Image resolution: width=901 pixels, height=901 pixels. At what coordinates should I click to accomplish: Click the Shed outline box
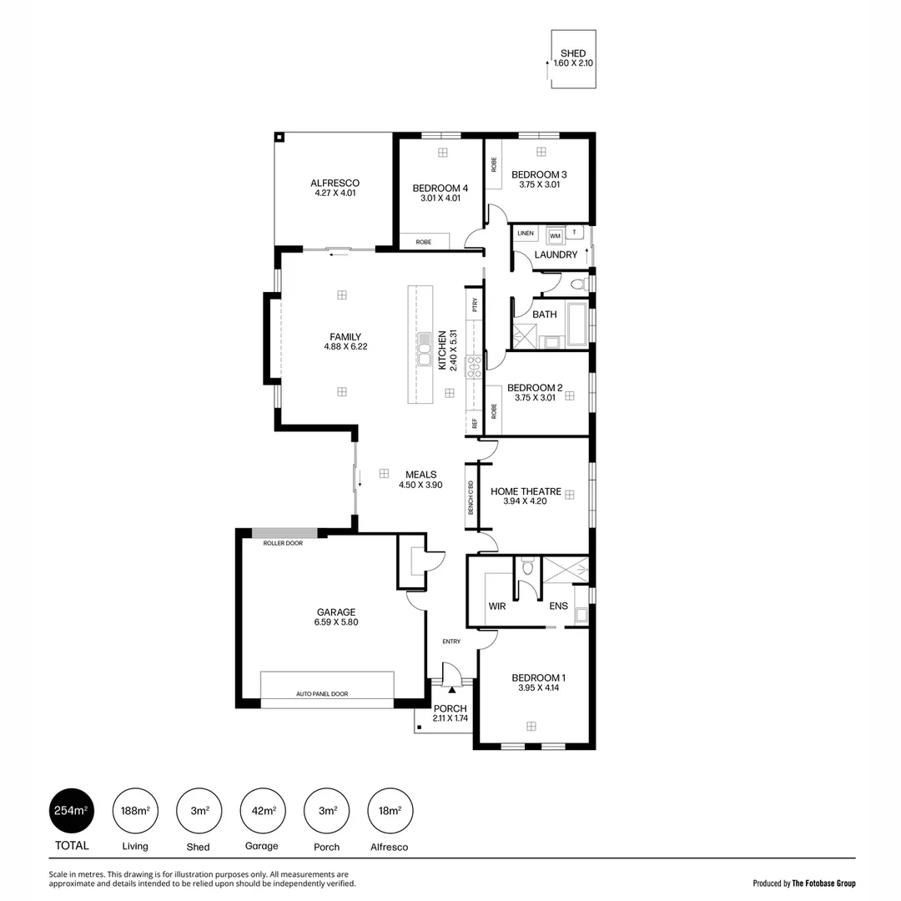(x=573, y=59)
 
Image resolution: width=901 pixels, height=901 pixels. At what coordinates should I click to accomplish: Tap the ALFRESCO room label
(x=335, y=183)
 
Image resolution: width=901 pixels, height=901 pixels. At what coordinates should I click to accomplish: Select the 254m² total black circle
(x=71, y=811)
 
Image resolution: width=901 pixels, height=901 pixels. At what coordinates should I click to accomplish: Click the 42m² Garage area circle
(x=263, y=811)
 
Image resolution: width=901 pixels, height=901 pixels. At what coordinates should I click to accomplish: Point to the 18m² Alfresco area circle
(x=390, y=811)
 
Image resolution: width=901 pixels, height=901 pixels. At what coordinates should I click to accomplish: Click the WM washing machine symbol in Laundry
(x=555, y=236)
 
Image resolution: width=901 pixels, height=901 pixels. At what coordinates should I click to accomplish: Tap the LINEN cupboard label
(x=525, y=233)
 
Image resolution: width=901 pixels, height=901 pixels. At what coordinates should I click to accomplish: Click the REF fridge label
(x=475, y=423)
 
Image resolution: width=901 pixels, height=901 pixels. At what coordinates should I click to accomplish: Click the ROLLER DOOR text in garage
(x=283, y=543)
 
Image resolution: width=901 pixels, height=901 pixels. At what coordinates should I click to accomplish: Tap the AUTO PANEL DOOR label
(x=322, y=694)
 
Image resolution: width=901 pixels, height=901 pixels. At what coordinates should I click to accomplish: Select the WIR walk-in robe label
(x=497, y=607)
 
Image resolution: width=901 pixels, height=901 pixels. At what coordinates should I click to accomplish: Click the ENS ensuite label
(x=558, y=607)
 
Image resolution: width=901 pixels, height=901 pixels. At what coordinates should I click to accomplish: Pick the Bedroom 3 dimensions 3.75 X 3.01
(x=539, y=184)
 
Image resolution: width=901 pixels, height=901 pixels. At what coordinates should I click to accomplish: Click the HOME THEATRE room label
(x=526, y=491)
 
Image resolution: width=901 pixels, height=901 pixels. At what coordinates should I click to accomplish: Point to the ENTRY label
(x=451, y=642)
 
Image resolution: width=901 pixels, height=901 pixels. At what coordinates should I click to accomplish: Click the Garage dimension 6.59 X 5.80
(x=335, y=622)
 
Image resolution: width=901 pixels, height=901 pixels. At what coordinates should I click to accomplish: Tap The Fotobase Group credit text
(x=823, y=883)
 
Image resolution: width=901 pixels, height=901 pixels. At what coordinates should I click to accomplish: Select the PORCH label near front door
(x=450, y=708)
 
